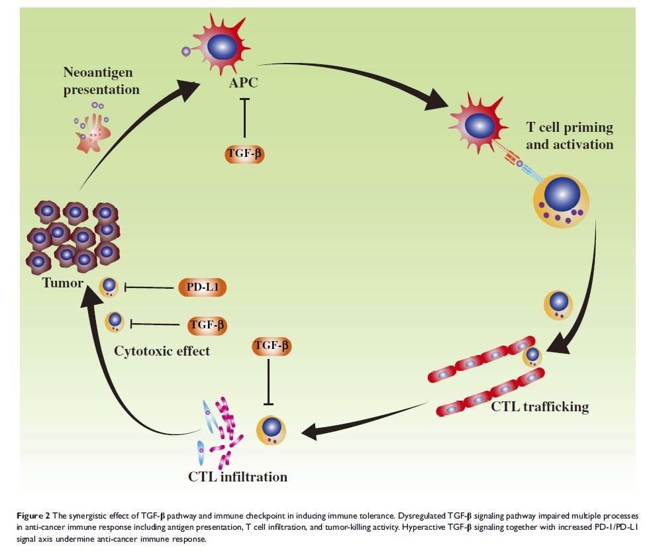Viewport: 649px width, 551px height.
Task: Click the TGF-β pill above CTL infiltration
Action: click(272, 346)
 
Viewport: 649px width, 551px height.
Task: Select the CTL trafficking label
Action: click(540, 406)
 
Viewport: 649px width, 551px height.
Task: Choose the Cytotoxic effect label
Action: click(162, 350)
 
